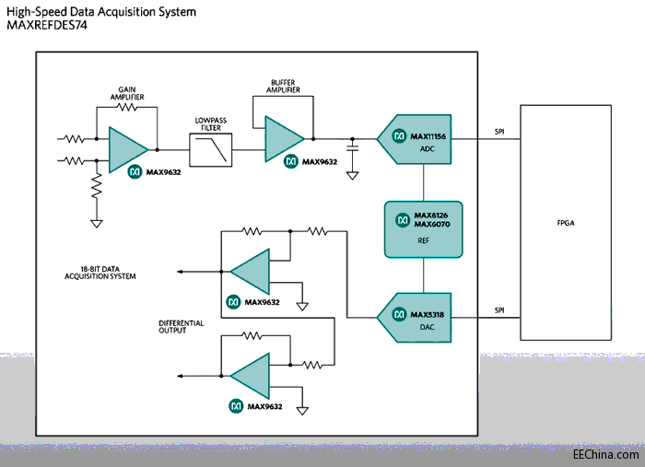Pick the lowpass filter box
pos(211,148)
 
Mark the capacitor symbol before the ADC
pos(353,146)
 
